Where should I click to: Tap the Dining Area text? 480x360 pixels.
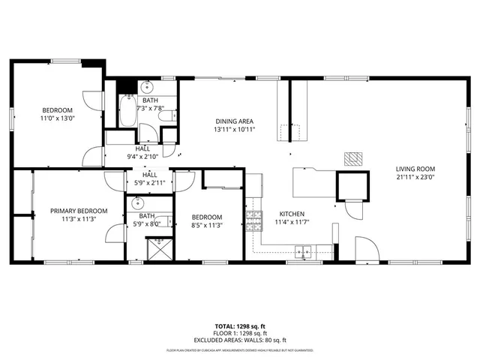click(234, 121)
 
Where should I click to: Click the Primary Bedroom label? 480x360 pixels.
click(79, 211)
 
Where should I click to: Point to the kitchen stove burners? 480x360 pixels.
click(255, 220)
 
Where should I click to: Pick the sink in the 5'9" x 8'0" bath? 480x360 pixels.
click(136, 204)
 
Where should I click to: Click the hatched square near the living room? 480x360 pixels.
click(353, 158)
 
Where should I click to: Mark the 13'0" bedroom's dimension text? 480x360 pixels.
click(58, 118)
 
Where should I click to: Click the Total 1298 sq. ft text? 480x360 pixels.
click(239, 327)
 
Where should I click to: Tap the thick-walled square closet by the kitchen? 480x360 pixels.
click(352, 186)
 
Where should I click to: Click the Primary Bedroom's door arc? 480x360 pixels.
click(114, 232)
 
